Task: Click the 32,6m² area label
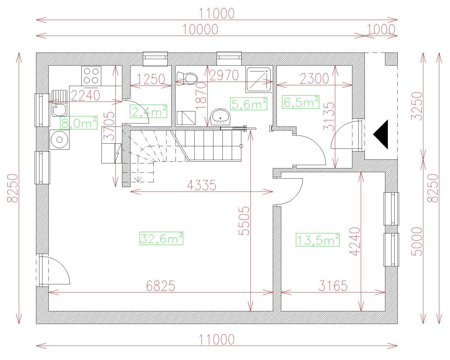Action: pos(161,238)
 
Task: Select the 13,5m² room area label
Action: pos(318,240)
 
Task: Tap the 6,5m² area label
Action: pos(300,102)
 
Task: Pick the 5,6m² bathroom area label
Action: pos(249,103)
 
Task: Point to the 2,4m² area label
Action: pos(148,111)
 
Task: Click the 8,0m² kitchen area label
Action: pos(79,123)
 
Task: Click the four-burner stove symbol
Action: pos(91,76)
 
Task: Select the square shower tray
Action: pos(258,79)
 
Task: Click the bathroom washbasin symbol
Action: pos(220,117)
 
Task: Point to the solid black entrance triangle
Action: pos(381,134)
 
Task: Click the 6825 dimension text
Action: pos(161,286)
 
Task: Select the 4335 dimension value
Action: pos(202,185)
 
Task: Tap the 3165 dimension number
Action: pos(333,286)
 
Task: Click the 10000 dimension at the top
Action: pos(200,29)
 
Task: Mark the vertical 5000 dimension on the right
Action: pos(417,242)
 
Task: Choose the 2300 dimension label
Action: pos(314,79)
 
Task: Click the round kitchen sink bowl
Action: pos(59,139)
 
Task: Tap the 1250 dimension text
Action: pos(151,79)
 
